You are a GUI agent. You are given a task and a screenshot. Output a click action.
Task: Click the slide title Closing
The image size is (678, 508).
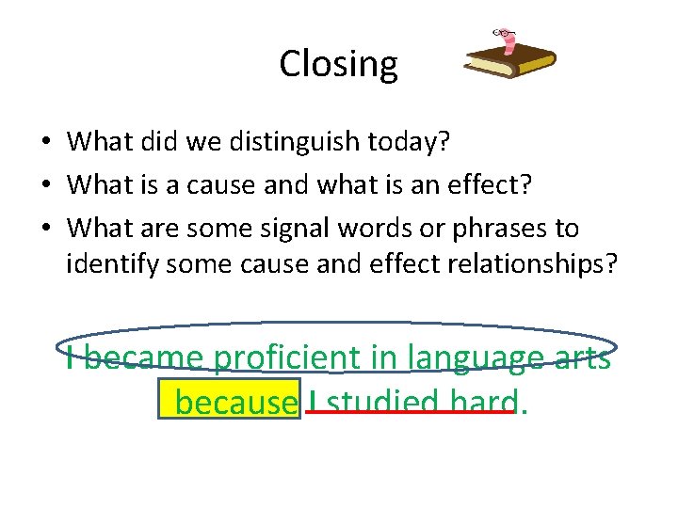pyautogui.click(x=338, y=64)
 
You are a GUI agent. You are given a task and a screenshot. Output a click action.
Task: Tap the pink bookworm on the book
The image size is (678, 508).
pyautogui.click(x=508, y=40)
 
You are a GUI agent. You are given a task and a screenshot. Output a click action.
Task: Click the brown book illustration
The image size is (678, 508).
pyautogui.click(x=510, y=63)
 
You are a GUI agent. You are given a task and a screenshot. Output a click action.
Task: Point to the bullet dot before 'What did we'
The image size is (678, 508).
pyautogui.click(x=45, y=143)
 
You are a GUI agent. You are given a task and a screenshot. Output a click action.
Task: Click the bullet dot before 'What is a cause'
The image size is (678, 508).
pyautogui.click(x=45, y=186)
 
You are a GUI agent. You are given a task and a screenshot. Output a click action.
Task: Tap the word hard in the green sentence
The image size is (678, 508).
pyautogui.click(x=483, y=403)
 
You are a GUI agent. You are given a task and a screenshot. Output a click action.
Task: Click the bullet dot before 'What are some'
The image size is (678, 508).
pyautogui.click(x=45, y=229)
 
